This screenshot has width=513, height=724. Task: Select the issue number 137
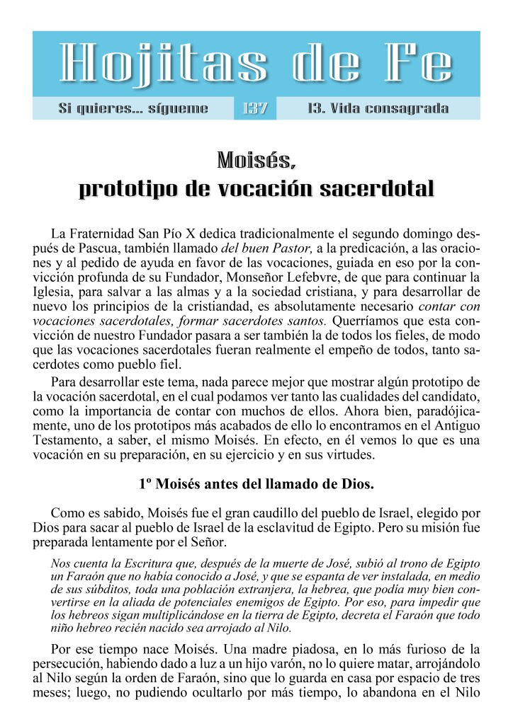[254, 109]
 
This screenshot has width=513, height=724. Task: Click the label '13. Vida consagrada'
[378, 109]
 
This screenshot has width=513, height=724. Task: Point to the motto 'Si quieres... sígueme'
[133, 109]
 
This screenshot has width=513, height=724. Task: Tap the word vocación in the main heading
[269, 190]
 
